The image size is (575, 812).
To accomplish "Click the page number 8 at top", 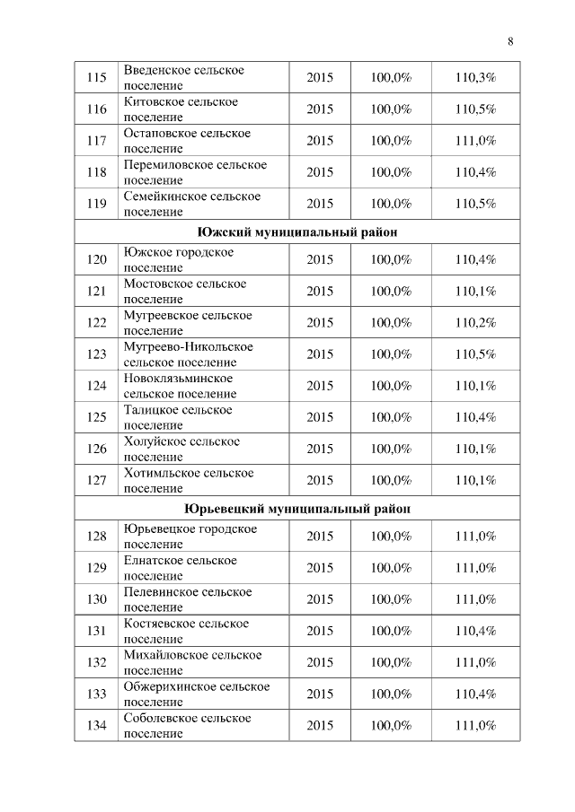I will tap(510, 41).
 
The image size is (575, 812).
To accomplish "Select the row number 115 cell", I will tap(96, 78).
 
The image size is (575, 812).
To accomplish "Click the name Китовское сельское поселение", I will tap(181, 109).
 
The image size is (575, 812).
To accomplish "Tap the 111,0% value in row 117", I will tap(475, 141).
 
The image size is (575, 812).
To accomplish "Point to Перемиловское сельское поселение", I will tap(195, 172).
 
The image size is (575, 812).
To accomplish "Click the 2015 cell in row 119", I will tap(320, 204).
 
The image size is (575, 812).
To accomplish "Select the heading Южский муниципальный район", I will tap(297, 231).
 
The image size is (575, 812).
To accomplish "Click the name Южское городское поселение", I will tap(178, 260).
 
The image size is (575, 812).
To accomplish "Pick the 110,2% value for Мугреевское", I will tap(475, 323).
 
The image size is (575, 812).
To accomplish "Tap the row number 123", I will tap(96, 354).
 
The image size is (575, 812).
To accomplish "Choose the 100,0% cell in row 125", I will tap(391, 417).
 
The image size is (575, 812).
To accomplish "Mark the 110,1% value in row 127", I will tap(475, 480).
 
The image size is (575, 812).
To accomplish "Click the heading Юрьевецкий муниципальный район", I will tap(297, 508).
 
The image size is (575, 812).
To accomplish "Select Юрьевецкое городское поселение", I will tap(190, 537).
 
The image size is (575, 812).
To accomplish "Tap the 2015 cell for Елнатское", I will tap(320, 568).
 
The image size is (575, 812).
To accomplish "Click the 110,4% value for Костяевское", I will tap(475, 631).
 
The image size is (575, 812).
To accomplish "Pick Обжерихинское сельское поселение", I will tap(196, 694).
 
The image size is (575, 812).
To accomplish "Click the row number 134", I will tap(96, 725).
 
